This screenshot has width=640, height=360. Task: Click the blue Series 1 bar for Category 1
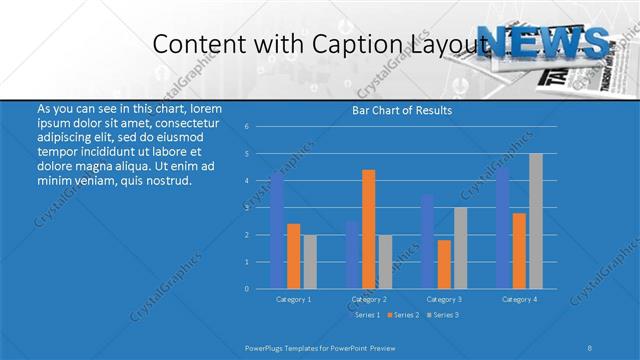tap(277, 231)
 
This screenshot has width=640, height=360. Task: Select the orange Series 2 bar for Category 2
tap(368, 229)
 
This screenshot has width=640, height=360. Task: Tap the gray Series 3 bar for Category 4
tap(536, 221)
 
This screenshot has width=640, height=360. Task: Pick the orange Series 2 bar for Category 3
tap(444, 264)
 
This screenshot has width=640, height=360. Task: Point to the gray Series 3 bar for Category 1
tap(309, 261)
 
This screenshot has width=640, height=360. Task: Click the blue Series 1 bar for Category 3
tap(428, 241)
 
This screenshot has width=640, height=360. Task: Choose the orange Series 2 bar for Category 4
tap(520, 250)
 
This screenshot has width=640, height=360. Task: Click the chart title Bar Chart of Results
tap(402, 111)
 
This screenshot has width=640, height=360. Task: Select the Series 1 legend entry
tap(365, 315)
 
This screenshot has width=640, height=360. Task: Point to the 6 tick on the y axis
tap(246, 127)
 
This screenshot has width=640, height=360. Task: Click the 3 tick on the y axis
tap(246, 208)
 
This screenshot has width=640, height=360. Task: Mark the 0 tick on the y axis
tap(246, 289)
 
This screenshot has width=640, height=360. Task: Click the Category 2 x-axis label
tap(369, 299)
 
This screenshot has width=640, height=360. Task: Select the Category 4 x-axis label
tap(520, 299)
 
